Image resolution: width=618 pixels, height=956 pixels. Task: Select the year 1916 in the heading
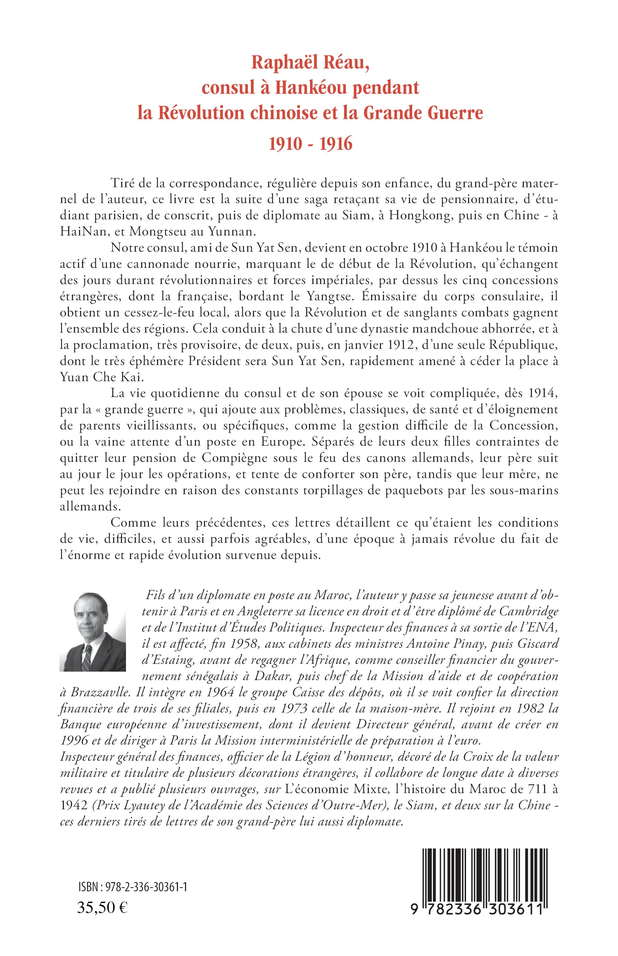(336, 143)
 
